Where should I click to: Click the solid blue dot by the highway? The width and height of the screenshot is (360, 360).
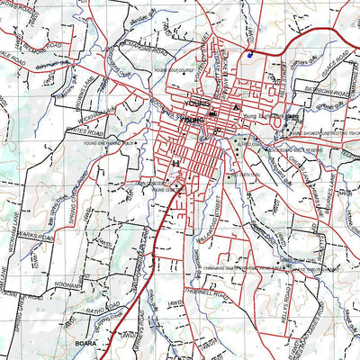point(248,55)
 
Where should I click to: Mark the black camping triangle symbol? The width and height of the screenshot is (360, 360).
point(236,108)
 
